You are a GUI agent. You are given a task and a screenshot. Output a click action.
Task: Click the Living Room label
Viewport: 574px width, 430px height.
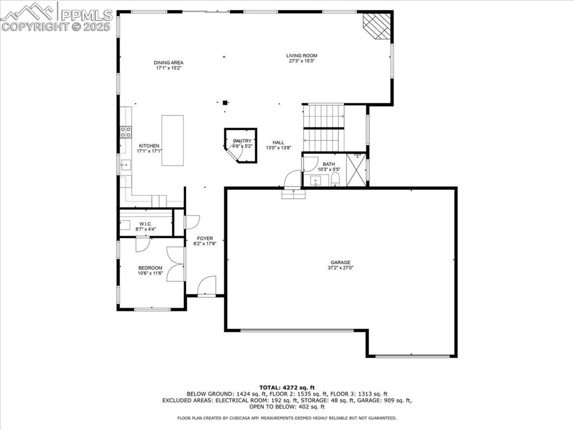pos(302,55)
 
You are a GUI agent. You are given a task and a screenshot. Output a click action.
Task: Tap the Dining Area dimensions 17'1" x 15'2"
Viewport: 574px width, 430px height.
pos(169,68)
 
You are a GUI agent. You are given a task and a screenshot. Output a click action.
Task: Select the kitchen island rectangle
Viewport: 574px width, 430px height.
pos(173,140)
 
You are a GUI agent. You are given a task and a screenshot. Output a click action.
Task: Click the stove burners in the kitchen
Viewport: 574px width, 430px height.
pos(126,132)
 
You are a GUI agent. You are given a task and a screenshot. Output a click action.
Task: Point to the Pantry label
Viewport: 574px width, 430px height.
pos(242,141)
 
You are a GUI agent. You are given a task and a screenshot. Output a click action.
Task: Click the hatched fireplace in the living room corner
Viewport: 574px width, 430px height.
pos(376,26)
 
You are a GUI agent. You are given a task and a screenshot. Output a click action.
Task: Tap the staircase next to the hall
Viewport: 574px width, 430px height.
pos(323,127)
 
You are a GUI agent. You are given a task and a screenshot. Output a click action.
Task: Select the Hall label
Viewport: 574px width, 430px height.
pos(279,142)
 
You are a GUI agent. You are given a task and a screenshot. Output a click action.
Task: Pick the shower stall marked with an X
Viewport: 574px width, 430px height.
pos(356,169)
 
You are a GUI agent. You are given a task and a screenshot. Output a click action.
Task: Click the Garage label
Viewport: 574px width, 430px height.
pos(340,262)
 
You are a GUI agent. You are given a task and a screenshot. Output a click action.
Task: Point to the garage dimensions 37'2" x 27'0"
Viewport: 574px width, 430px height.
pos(340,268)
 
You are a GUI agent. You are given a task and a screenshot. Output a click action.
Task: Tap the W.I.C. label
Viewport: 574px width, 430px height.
pos(146,223)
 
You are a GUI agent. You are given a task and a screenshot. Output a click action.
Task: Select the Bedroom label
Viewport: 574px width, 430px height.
pos(150,268)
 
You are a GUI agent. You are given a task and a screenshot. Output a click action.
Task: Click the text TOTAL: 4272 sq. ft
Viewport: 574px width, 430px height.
pos(287,387)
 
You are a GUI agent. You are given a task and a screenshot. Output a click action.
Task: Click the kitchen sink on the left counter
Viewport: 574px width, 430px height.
pos(126,165)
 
